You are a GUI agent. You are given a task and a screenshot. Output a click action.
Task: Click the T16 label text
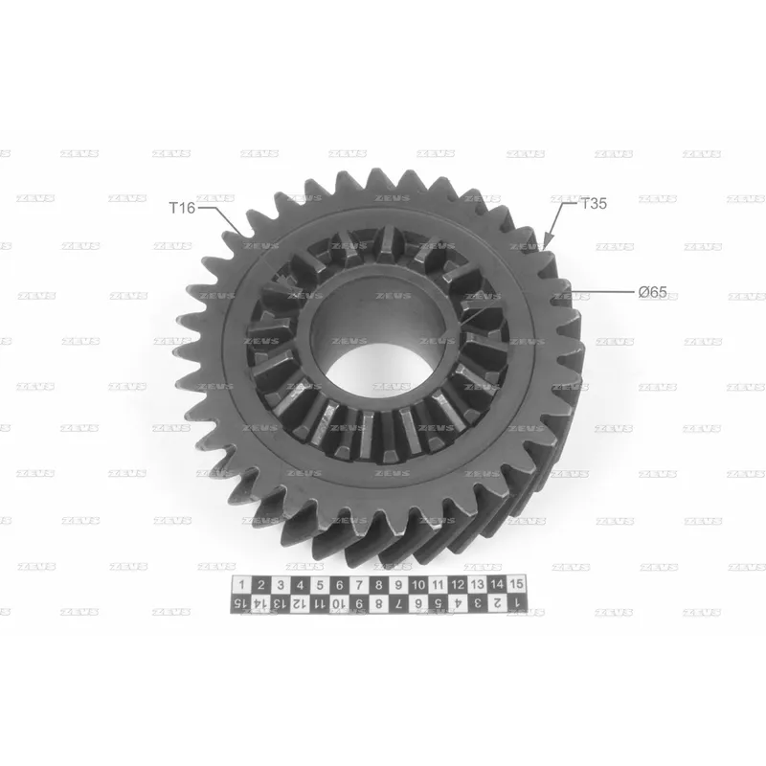click(x=182, y=208)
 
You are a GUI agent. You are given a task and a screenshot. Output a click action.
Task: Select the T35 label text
click(x=594, y=203)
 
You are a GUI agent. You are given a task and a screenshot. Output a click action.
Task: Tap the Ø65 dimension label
click(x=653, y=292)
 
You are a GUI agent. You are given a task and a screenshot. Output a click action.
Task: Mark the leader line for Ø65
click(x=602, y=292)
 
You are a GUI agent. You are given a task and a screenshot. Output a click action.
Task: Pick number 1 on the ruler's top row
click(x=241, y=585)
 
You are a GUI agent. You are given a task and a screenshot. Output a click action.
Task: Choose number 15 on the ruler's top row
click(x=516, y=584)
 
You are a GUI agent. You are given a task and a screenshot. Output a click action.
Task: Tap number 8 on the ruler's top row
click(x=378, y=584)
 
